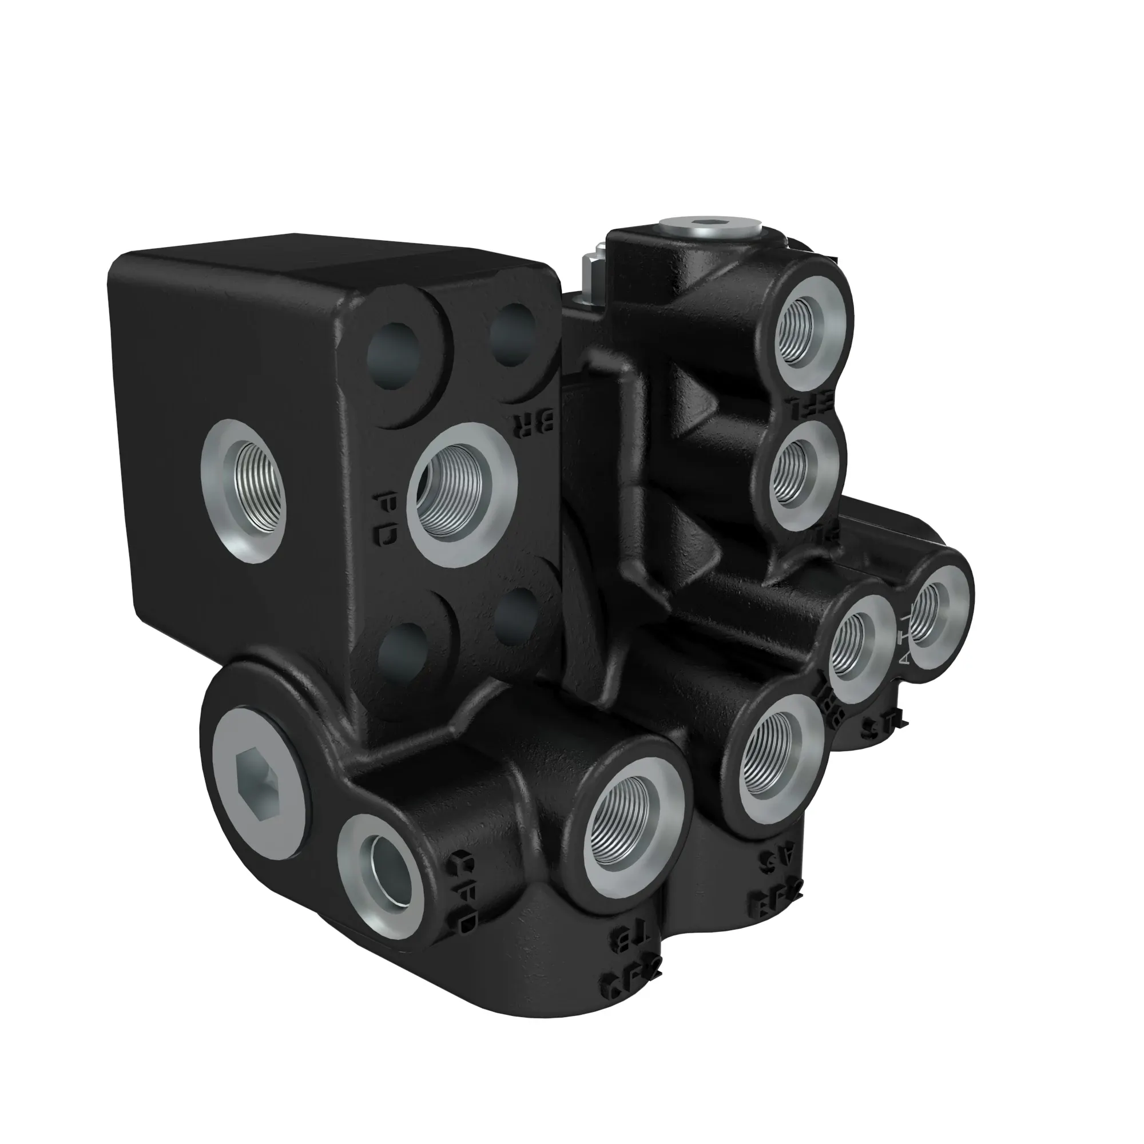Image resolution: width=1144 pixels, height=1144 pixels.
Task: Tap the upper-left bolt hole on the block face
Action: pos(394,355)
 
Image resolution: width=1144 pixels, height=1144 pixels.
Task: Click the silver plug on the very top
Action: pos(707,224)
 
